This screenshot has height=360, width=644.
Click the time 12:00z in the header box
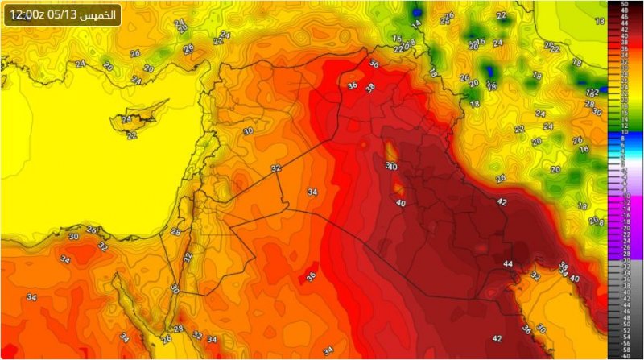28,14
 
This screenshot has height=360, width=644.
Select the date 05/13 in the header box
64,14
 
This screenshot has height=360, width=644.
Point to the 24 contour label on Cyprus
126,120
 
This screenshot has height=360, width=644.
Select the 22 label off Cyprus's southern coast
131,135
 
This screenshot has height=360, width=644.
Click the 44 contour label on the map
508,264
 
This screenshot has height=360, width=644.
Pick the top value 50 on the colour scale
625,4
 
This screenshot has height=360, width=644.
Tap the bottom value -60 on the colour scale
625,355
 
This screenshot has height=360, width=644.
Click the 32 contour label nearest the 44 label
535,275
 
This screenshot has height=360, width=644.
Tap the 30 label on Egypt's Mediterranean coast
73,237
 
